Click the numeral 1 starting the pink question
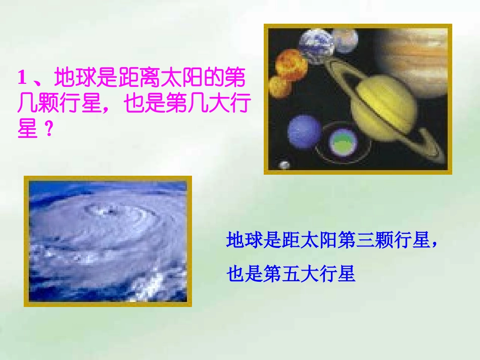22,78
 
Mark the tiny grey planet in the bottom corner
284,165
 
